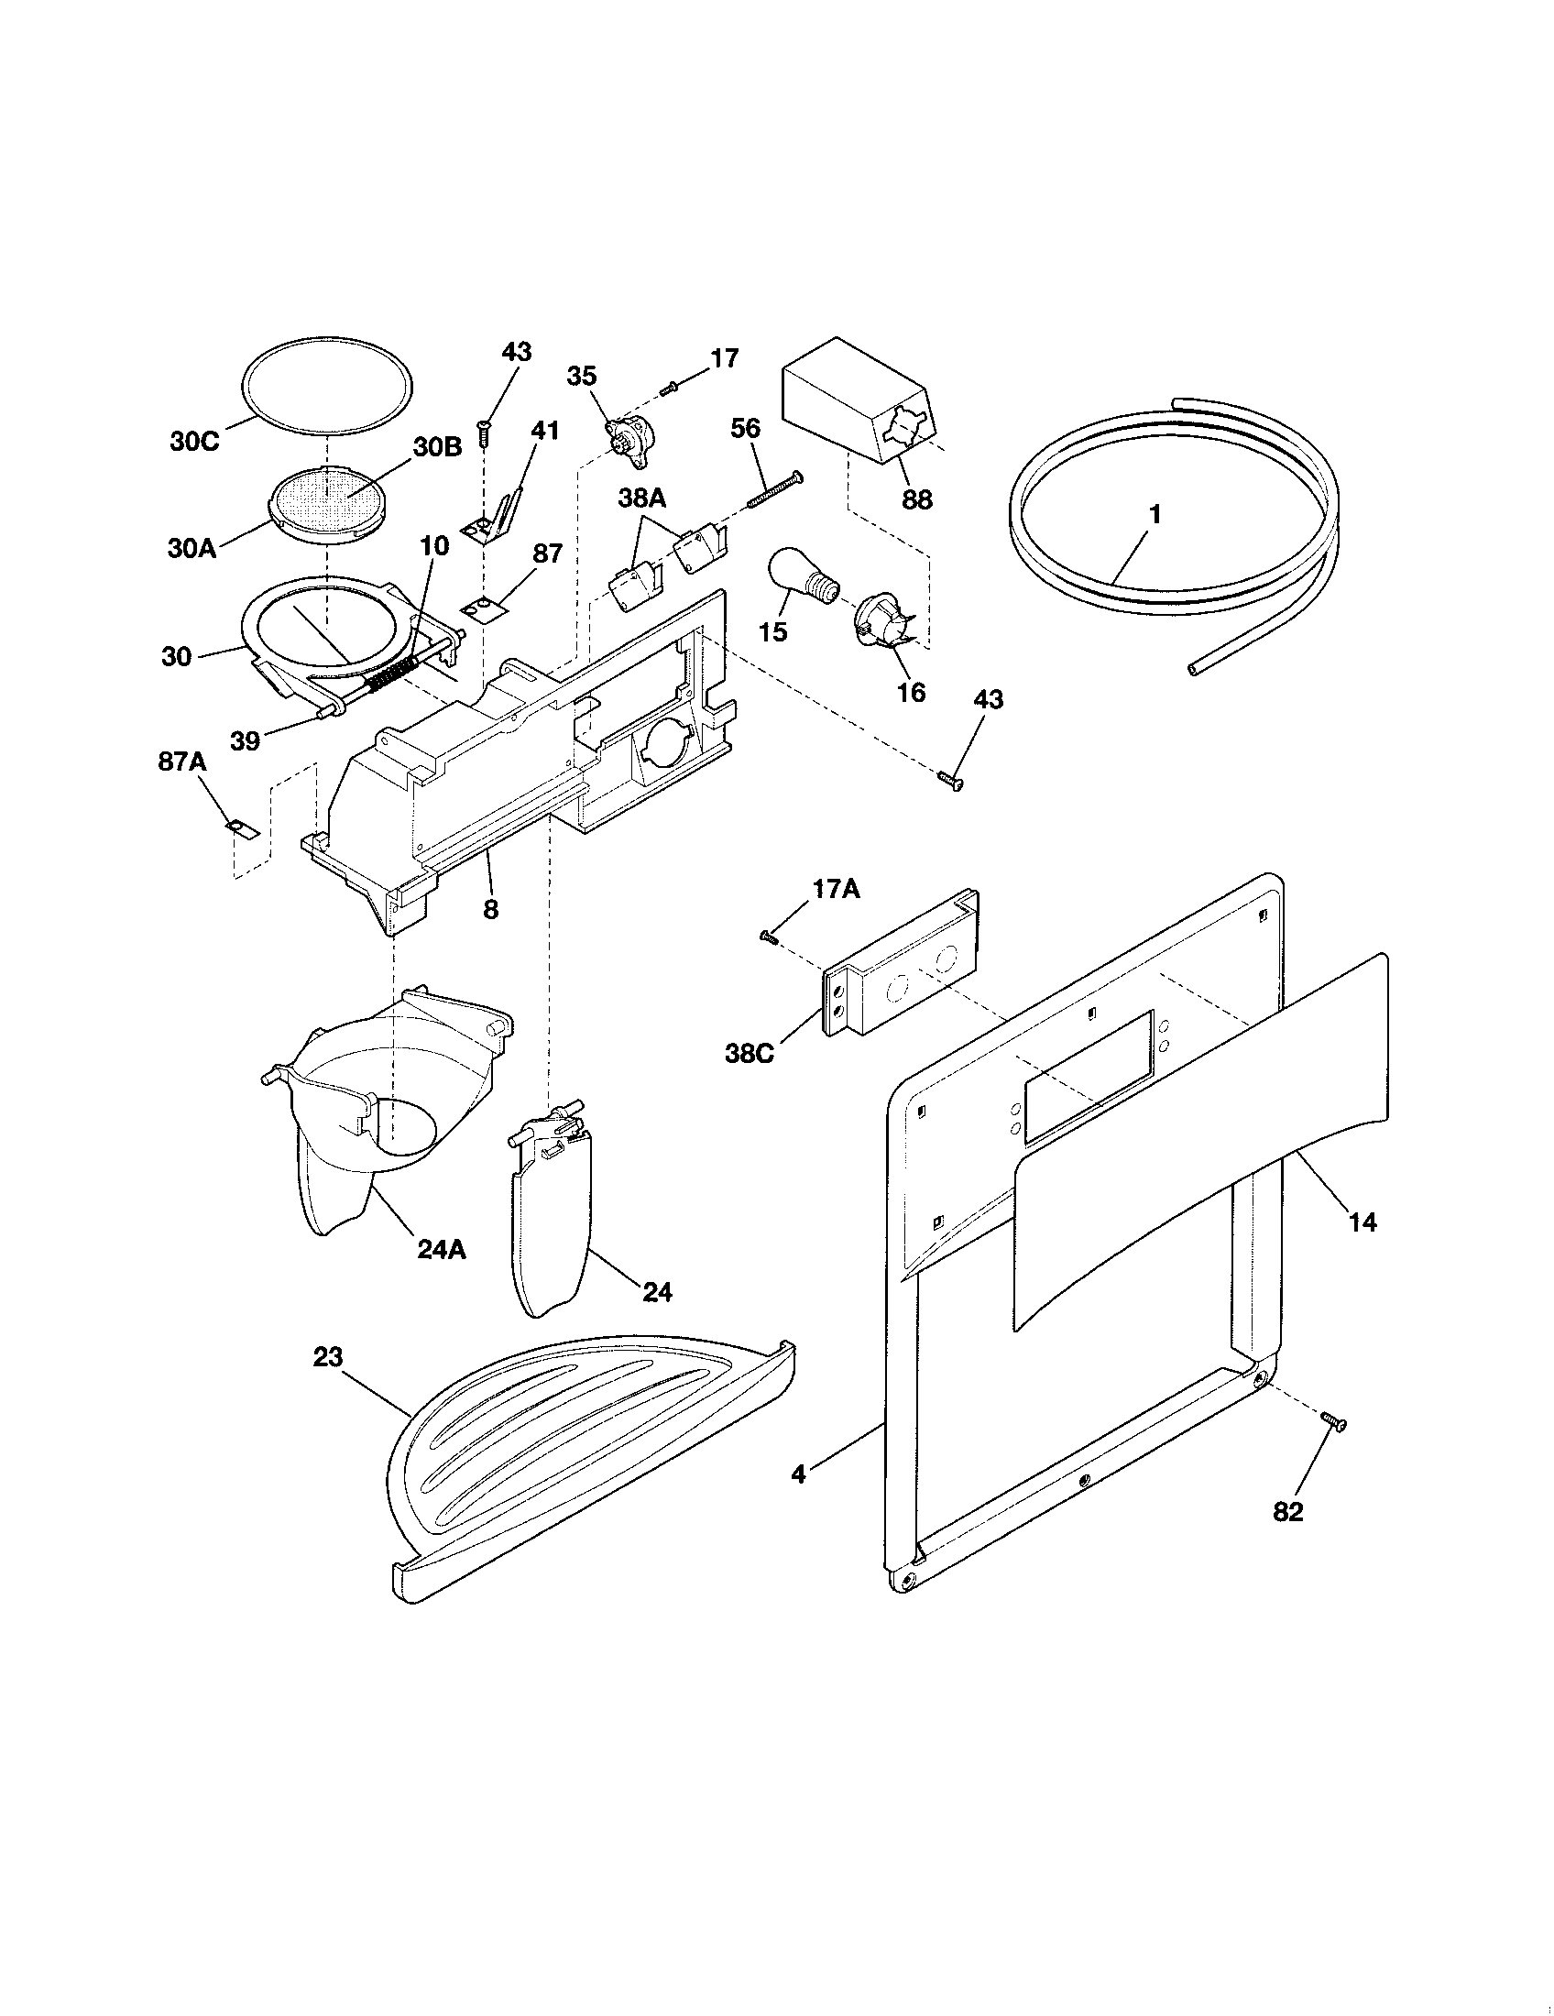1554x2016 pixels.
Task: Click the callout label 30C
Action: [195, 442]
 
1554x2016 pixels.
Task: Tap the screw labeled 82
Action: [1332, 1423]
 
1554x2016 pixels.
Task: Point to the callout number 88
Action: [916, 499]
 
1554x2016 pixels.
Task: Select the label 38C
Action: [750, 1053]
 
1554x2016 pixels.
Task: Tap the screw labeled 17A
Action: [769, 937]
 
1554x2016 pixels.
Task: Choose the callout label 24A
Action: [442, 1249]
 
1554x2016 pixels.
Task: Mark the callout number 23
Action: [328, 1357]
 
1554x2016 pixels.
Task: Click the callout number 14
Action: [1362, 1222]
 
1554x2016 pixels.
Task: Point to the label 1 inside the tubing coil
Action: [1154, 514]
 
